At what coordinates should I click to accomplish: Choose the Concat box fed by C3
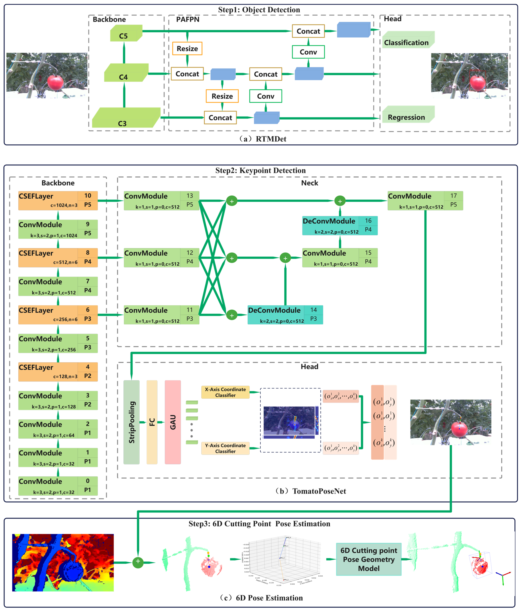click(220, 118)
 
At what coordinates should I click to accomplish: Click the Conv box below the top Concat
click(308, 52)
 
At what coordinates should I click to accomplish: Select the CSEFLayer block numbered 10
click(58, 200)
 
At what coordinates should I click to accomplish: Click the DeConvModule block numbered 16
click(340, 226)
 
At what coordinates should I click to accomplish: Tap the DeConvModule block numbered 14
click(285, 315)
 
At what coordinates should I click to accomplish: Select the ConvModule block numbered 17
click(425, 200)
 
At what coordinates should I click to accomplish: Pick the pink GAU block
click(173, 422)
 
